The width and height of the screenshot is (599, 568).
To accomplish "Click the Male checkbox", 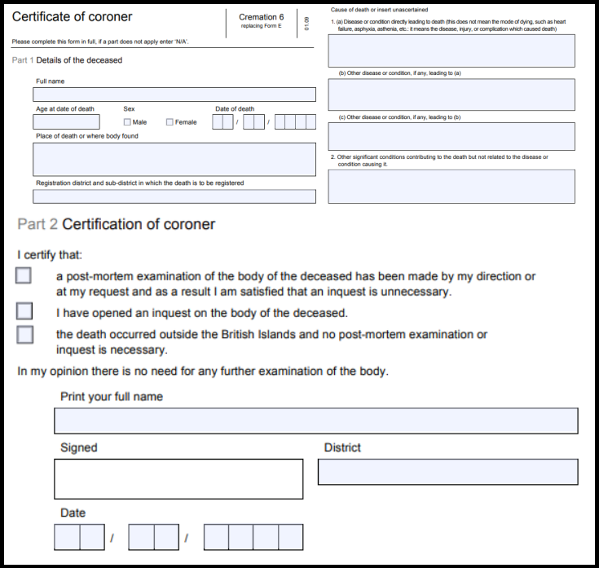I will [x=127, y=122].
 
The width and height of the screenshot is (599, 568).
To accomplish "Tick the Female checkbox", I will [x=170, y=122].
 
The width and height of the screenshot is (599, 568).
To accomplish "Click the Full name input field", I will [x=174, y=95].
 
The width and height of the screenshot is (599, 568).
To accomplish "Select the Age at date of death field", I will [x=66, y=122].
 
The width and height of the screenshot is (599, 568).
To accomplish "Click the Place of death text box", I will [x=174, y=160].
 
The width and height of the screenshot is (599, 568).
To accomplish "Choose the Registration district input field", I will [x=174, y=196].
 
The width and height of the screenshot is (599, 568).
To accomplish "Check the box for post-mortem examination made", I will [x=24, y=275].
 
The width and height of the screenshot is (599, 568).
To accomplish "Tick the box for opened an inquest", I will [x=24, y=311].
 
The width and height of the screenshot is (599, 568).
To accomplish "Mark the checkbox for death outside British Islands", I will [x=24, y=334].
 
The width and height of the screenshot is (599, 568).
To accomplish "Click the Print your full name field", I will [x=315, y=421].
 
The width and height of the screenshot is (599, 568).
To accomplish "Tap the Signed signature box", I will [x=178, y=478].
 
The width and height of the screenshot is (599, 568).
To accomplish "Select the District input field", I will [x=447, y=472].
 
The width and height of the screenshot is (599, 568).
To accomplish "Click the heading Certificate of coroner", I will [x=72, y=17].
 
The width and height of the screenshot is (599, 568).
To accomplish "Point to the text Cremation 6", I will [x=261, y=17].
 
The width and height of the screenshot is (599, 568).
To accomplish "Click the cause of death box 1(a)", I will [x=451, y=51].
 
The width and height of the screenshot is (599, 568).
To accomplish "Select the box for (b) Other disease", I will [x=451, y=95].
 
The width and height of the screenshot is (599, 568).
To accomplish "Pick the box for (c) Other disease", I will [x=451, y=137].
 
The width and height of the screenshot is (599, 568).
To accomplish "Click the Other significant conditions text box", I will [x=451, y=187].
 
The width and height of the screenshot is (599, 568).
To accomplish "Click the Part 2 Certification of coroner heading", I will [x=116, y=224].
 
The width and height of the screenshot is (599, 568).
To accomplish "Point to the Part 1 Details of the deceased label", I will [x=68, y=60].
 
